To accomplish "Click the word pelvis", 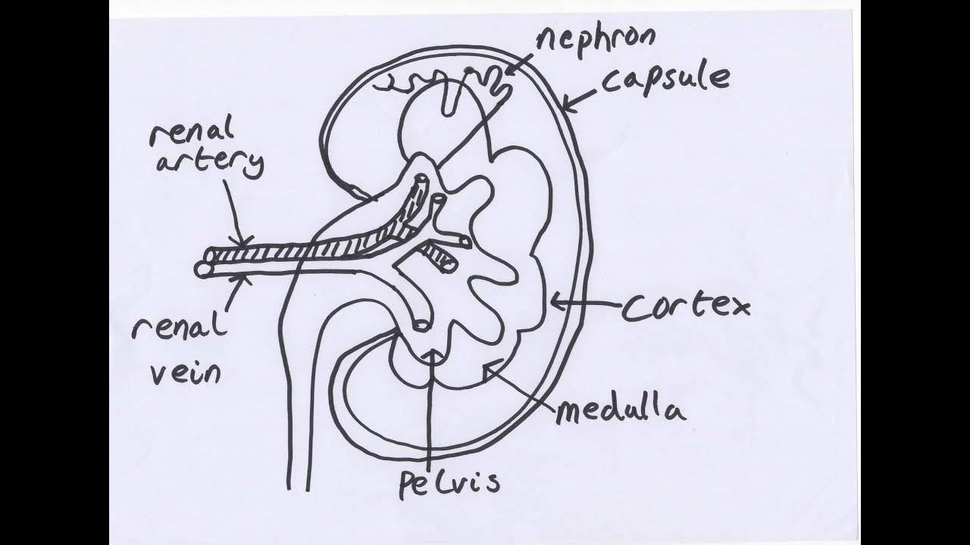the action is point(449,482).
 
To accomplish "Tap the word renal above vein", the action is point(180,329).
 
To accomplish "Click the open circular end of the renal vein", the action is point(203,269).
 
